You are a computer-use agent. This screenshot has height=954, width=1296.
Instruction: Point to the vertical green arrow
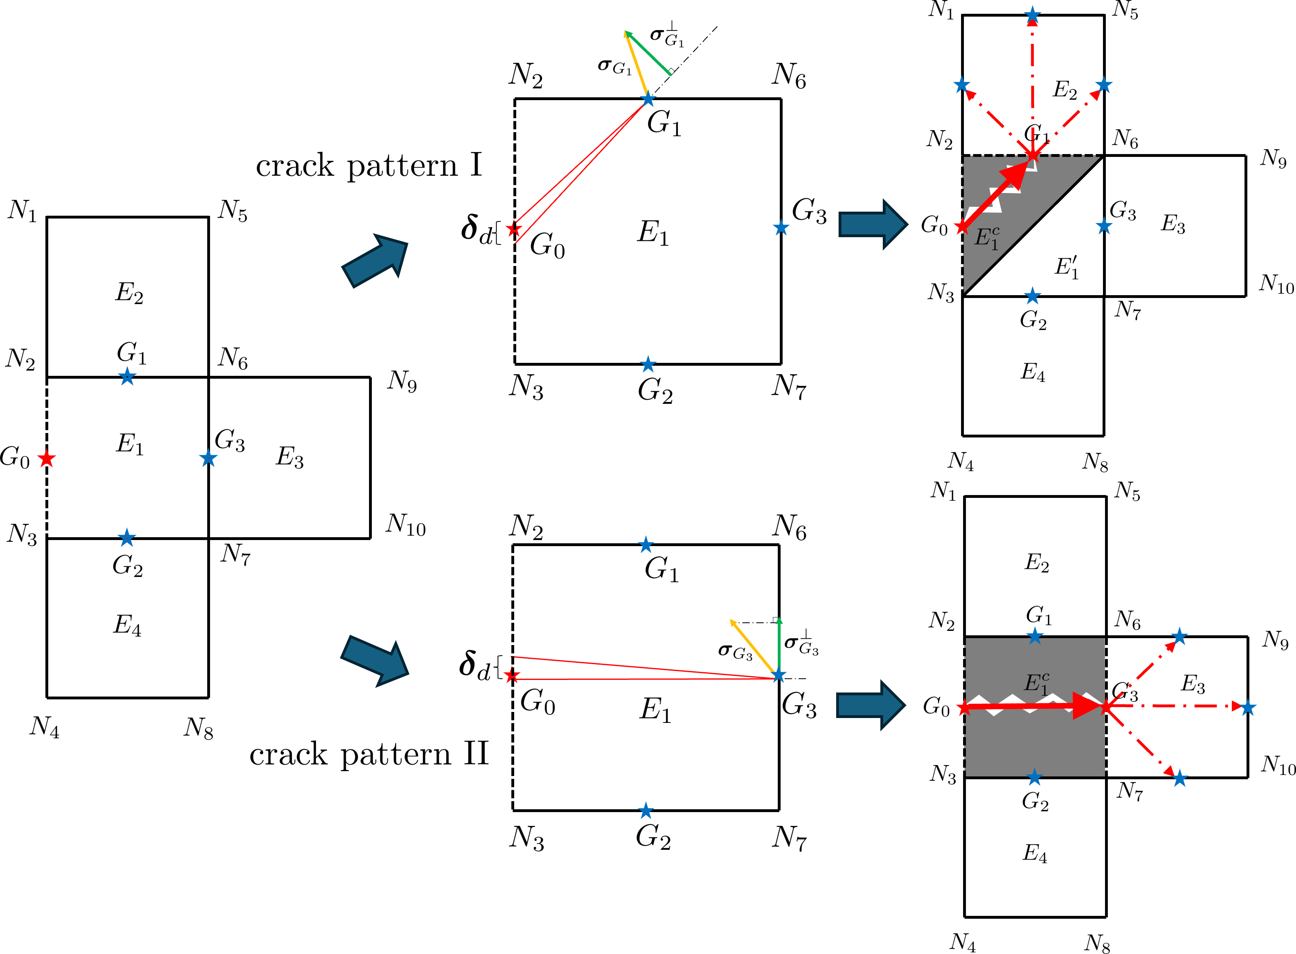[779, 644]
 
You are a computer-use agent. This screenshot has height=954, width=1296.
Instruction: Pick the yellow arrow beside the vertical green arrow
[752, 645]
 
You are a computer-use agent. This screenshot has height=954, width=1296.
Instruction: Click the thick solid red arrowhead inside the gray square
[1086, 706]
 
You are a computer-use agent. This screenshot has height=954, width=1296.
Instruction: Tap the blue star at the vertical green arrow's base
[779, 675]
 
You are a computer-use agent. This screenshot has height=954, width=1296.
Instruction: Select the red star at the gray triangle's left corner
[961, 227]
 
